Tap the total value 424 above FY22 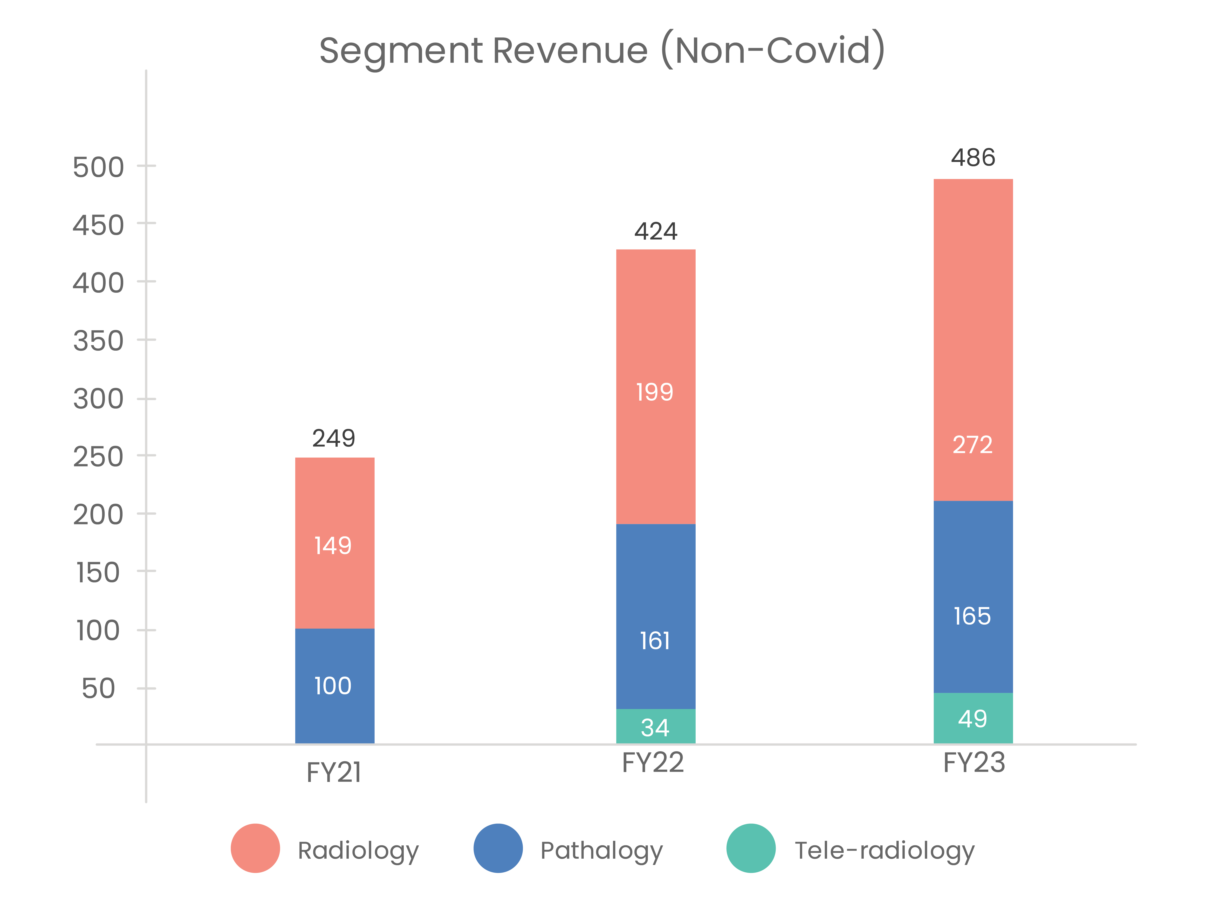pos(655,231)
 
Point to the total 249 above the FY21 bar pos(334,438)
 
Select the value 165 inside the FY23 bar pos(972,616)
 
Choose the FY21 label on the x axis pos(334,773)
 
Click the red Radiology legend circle pos(255,848)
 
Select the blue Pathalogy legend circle pos(498,848)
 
